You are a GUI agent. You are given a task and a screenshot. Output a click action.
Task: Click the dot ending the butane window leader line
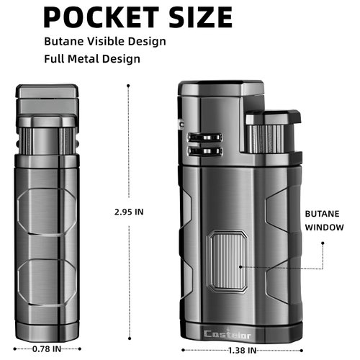(x=241, y=266)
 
